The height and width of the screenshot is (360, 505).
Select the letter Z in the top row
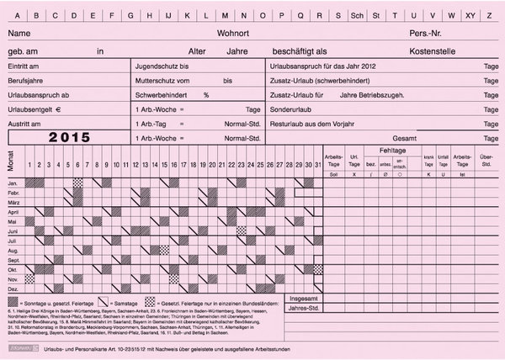pos(491,15)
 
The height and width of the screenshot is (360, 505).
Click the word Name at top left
pos(19,33)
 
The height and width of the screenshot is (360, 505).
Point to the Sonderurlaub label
pos(290,109)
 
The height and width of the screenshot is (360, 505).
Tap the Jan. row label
pos(13,182)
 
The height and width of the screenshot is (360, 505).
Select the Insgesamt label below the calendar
pos(304,299)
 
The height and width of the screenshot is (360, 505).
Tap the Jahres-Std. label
pos(304,309)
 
